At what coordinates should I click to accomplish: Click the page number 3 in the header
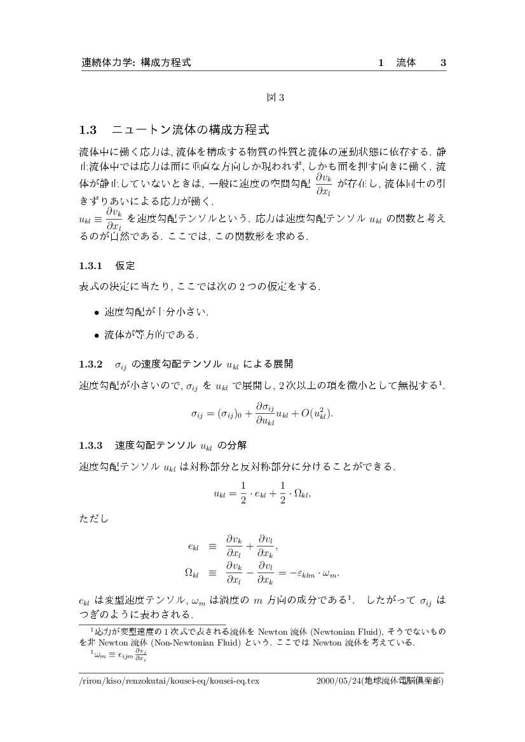click(x=443, y=63)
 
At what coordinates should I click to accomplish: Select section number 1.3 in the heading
click(x=88, y=131)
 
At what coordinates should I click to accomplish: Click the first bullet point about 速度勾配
click(x=97, y=312)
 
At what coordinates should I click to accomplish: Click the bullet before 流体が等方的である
click(x=97, y=334)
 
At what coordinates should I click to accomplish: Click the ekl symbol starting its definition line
click(x=194, y=546)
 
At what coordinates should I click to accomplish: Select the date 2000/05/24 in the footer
click(x=338, y=681)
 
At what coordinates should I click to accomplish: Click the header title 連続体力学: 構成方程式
click(x=136, y=63)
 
